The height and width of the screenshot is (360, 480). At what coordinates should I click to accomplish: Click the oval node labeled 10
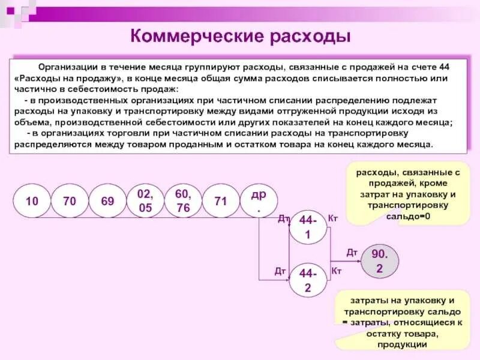pyautogui.click(x=31, y=201)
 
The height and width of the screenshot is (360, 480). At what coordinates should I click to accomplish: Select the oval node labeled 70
pyautogui.click(x=69, y=201)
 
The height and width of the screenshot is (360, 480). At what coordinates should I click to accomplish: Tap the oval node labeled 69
pyautogui.click(x=107, y=201)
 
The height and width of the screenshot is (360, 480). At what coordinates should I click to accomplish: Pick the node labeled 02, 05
pyautogui.click(x=145, y=201)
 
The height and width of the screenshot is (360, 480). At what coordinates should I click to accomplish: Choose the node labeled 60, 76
pyautogui.click(x=182, y=201)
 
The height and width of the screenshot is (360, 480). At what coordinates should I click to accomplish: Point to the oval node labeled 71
pyautogui.click(x=221, y=201)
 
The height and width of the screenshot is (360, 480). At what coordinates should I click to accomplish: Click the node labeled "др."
pyautogui.click(x=259, y=201)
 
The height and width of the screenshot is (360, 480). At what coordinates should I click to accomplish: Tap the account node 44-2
pyautogui.click(x=307, y=281)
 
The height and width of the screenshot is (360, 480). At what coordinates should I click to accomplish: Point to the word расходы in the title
pyautogui.click(x=310, y=36)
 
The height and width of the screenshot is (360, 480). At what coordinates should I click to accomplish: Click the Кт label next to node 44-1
pyautogui.click(x=334, y=218)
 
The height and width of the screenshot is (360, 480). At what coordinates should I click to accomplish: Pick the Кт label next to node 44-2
pyautogui.click(x=337, y=271)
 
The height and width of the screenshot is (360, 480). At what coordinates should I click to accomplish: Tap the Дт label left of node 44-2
pyautogui.click(x=280, y=271)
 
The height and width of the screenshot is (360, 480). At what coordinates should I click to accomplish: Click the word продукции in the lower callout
pyautogui.click(x=402, y=344)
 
